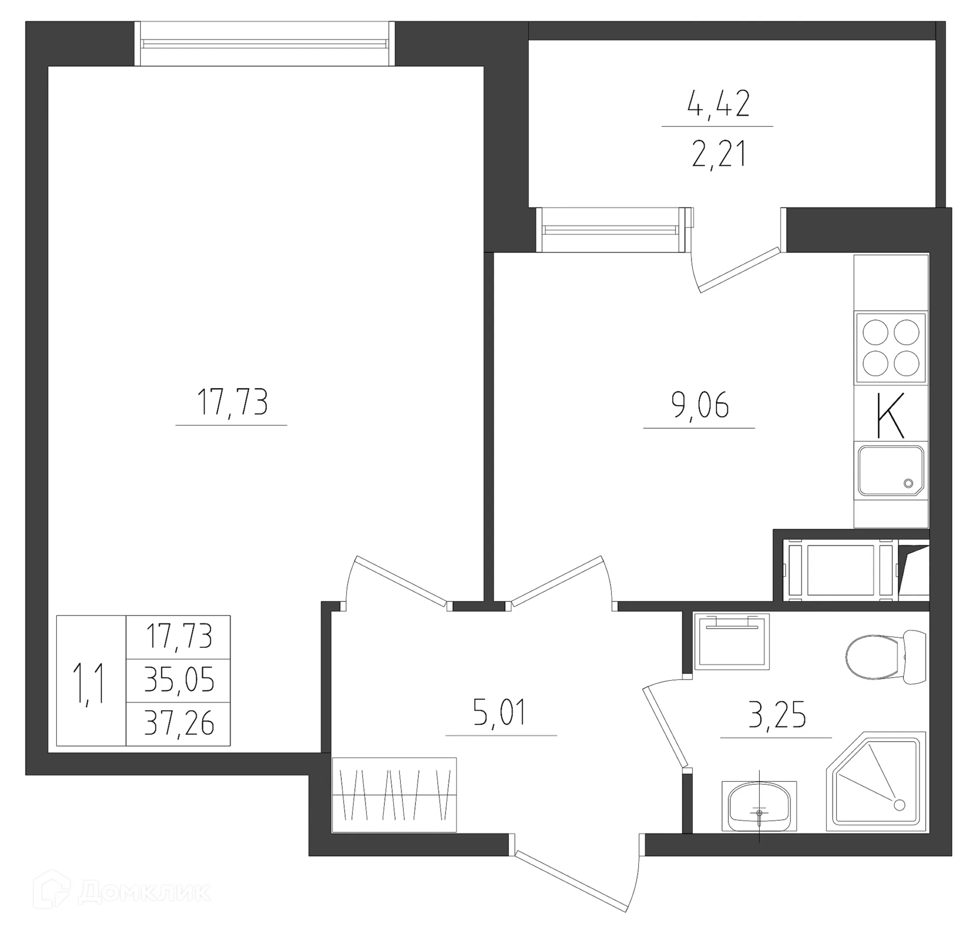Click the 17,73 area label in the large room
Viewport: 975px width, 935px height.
(x=232, y=402)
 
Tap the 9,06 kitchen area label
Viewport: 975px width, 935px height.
(x=700, y=405)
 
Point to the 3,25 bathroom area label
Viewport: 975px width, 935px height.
(x=777, y=715)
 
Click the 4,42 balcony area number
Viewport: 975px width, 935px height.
(x=718, y=105)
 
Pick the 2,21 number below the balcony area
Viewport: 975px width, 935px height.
(x=718, y=155)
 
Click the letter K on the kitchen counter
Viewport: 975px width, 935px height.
(x=891, y=415)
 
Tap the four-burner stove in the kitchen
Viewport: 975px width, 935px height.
(x=891, y=348)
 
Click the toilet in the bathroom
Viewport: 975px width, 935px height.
(x=884, y=657)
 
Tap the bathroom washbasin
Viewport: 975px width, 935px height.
(x=759, y=807)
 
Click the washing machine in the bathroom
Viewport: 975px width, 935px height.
(x=732, y=642)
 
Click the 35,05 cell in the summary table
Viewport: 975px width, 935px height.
(x=179, y=680)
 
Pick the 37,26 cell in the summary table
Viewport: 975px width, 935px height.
(x=179, y=724)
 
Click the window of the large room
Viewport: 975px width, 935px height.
(x=264, y=44)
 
